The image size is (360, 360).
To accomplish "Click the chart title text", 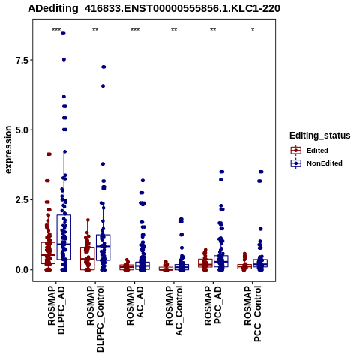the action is (x=154, y=9).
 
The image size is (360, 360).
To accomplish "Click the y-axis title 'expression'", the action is (x=8, y=150).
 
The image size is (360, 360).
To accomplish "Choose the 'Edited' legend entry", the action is (x=317, y=151).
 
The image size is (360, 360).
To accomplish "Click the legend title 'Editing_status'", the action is (x=320, y=136).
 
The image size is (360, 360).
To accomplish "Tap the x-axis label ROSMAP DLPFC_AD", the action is (x=56, y=310).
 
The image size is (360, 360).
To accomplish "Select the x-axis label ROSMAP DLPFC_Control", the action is (x=95, y=319).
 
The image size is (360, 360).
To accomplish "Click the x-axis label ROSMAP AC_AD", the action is (x=135, y=305).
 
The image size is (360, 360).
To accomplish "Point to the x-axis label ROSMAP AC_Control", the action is (x=174, y=310).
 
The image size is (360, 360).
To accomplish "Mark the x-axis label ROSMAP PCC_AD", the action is (x=213, y=305).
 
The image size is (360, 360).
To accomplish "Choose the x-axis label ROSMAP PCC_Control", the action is (x=253, y=313).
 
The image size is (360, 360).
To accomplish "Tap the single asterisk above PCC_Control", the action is (x=253, y=30).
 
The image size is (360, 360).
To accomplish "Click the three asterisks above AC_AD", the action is (x=135, y=30).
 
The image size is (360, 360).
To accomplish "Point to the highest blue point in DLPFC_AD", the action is (x=63, y=34).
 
